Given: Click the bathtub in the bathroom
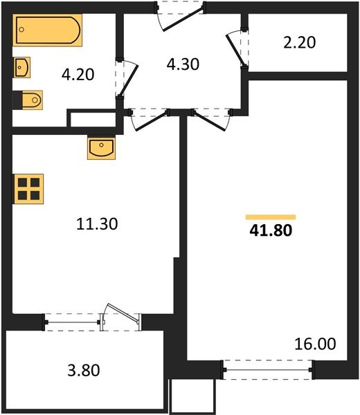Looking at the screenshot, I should tap(48, 31).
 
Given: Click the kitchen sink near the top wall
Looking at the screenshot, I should tap(101, 147).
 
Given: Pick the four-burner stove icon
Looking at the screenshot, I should tap(28, 188).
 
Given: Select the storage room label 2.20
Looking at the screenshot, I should tap(300, 42).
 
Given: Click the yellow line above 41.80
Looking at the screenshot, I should tap(271, 216).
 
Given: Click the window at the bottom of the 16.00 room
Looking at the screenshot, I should tap(268, 370).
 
